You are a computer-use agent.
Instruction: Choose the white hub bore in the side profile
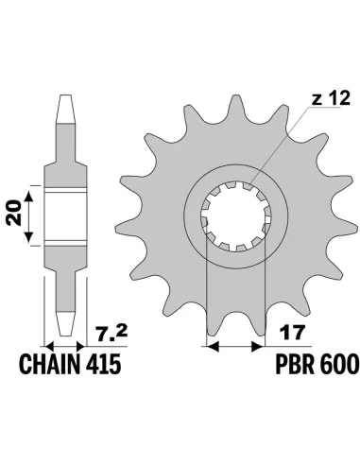pos(65,218)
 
